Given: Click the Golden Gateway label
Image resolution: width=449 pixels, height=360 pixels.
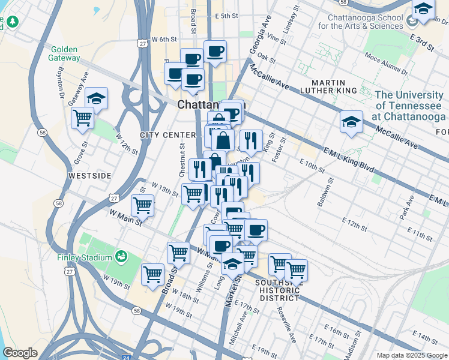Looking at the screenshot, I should point(65,53).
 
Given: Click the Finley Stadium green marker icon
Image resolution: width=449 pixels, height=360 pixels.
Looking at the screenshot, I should point(122,257).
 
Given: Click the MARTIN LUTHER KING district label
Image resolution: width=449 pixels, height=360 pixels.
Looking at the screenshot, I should point(333,86).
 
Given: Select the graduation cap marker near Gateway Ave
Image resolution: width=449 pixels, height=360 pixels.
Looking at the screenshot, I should point(96,98).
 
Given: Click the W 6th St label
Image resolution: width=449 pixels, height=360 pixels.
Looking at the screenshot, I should point(164,38).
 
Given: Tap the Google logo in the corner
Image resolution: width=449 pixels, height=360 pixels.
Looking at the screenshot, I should point(20,353).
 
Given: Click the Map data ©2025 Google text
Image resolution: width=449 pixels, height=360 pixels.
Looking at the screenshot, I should point(412,355).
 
